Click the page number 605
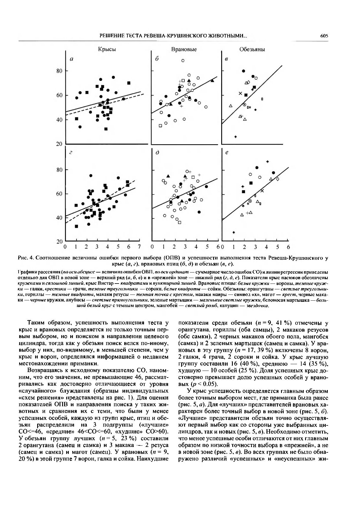[324, 36]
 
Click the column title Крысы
[107, 49]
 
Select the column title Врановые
[184, 49]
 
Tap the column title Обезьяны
[252, 49]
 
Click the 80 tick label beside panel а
[60, 71]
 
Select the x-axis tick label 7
[139, 247]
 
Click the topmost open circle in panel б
[183, 61]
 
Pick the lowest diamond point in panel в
[235, 137]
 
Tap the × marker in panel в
[240, 93]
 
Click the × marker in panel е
[262, 191]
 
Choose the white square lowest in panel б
[160, 126]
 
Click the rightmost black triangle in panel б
[212, 81]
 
